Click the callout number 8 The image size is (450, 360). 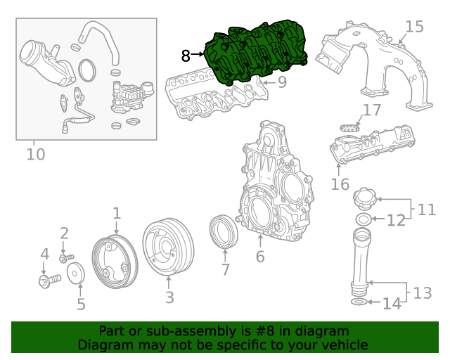tap(186, 56)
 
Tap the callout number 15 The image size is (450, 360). tap(414, 27)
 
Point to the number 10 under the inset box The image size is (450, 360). tap(35, 153)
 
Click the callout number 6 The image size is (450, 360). tap(260, 257)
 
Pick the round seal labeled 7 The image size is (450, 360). tap(224, 233)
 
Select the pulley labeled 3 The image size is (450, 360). tap(167, 250)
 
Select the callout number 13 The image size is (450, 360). tap(422, 292)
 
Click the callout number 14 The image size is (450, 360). tap(391, 304)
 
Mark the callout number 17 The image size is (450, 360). tap(372, 110)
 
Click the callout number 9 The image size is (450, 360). tap(282, 83)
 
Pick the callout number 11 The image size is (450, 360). tap(427, 210)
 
